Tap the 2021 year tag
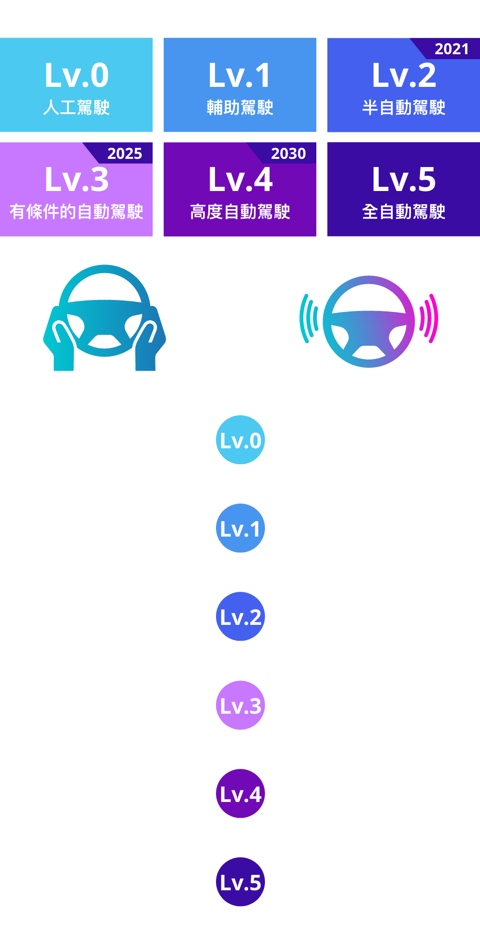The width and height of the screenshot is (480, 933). point(451,49)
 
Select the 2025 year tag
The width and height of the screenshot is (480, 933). point(124,154)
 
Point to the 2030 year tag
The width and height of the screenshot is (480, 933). point(288,154)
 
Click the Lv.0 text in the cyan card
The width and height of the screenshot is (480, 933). point(77,75)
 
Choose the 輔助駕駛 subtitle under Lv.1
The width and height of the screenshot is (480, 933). point(240,108)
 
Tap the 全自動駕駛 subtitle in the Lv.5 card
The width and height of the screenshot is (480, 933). point(404,212)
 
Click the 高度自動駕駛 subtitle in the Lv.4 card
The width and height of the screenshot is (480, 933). point(240,212)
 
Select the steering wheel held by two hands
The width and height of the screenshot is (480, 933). point(105,317)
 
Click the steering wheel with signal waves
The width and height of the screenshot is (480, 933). point(369,322)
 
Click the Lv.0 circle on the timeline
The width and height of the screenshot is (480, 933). point(240,440)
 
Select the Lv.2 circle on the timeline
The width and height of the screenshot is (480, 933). point(240,617)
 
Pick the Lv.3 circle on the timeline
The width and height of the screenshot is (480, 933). point(240,705)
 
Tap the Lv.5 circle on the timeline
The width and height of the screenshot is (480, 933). point(240,882)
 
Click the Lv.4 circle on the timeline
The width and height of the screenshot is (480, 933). point(240,793)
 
